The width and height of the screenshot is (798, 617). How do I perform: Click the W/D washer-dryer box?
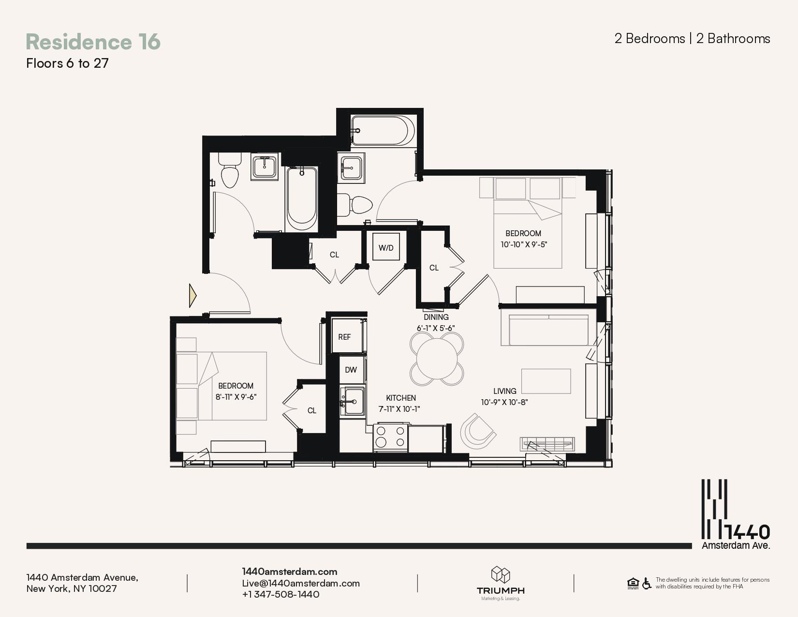pyautogui.click(x=386, y=247)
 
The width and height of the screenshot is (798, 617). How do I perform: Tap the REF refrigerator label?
pyautogui.click(x=344, y=337)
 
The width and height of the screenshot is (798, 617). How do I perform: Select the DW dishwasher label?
pyautogui.click(x=351, y=370)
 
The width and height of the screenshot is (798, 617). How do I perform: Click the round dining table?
pyautogui.click(x=437, y=359)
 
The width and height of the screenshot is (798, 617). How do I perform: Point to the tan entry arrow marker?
pyautogui.click(x=192, y=296)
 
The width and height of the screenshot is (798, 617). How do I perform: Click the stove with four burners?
pyautogui.click(x=390, y=437)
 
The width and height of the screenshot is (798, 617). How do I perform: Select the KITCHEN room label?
pyautogui.click(x=400, y=398)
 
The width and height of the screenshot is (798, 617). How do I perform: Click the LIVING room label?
pyautogui.click(x=504, y=391)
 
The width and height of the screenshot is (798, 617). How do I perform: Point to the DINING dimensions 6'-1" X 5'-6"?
pyautogui.click(x=436, y=328)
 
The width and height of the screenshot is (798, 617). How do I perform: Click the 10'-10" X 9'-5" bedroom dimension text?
pyautogui.click(x=524, y=244)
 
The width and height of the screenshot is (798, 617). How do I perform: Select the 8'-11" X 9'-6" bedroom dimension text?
pyautogui.click(x=236, y=397)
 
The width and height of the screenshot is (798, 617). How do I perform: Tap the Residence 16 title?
pyautogui.click(x=93, y=42)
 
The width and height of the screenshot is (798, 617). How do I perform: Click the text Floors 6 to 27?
pyautogui.click(x=68, y=63)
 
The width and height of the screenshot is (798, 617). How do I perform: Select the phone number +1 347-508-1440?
pyautogui.click(x=281, y=594)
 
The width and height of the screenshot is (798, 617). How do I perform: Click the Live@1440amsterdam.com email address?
pyautogui.click(x=301, y=583)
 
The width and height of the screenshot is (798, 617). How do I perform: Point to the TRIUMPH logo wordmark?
pyautogui.click(x=501, y=590)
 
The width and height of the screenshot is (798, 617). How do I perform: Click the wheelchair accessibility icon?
pyautogui.click(x=647, y=583)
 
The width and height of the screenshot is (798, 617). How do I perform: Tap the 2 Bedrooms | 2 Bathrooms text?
pyautogui.click(x=692, y=39)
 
